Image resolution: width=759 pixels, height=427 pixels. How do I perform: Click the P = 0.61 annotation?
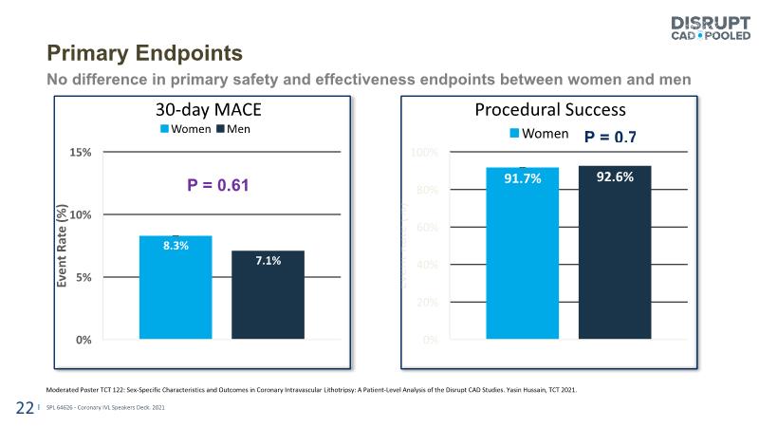click(217, 185)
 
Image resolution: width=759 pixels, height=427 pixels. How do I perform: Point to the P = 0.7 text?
click(610, 137)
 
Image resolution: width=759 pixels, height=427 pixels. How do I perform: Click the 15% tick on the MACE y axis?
click(79, 152)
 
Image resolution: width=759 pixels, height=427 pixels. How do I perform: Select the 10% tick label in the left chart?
click(79, 214)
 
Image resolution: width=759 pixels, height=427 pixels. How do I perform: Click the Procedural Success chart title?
click(550, 110)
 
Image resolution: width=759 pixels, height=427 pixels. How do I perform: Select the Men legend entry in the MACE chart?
click(233, 128)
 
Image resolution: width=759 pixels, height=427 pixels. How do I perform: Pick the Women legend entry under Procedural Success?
click(539, 135)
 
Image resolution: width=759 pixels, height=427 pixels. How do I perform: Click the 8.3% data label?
click(176, 246)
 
